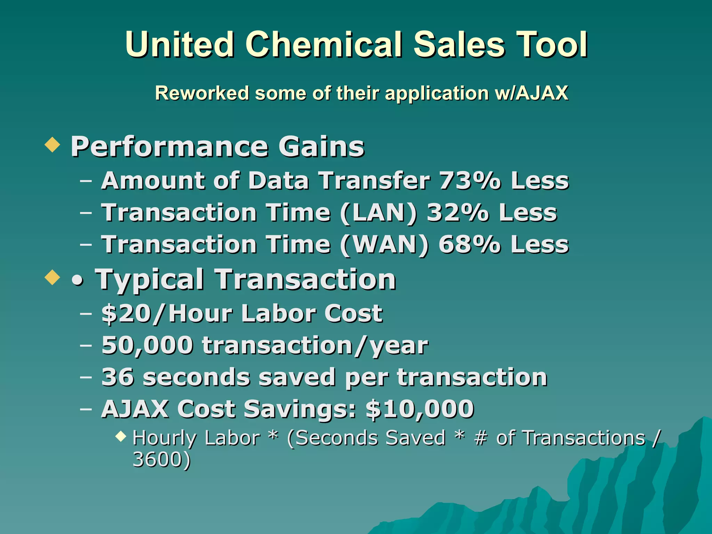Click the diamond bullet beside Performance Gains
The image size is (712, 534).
tap(52, 144)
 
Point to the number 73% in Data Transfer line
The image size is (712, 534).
tap(470, 181)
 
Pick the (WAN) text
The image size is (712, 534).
tap(384, 245)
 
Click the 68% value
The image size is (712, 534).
tap(470, 245)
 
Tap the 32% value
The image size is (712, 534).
tap(458, 213)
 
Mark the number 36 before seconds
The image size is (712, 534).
tap(118, 377)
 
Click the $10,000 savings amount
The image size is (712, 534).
tap(420, 409)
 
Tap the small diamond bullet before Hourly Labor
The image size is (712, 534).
tap(121, 436)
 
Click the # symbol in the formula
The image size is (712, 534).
tap(480, 438)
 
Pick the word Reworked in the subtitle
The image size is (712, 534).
tap(202, 93)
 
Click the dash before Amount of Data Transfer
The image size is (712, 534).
tap(86, 181)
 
